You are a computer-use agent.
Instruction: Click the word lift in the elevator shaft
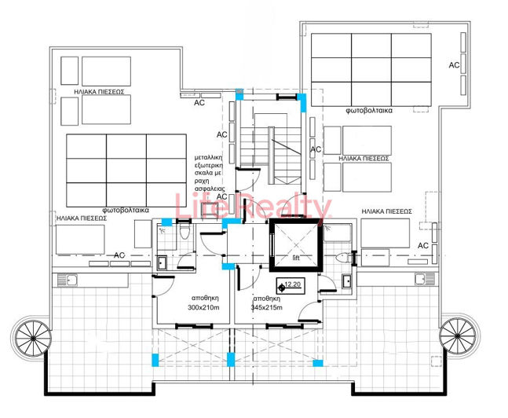coord(296,257)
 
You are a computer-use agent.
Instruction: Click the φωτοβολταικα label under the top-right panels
coord(367,112)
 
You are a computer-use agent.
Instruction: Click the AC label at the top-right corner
coord(453,65)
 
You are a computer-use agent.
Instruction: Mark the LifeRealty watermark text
coord(253,208)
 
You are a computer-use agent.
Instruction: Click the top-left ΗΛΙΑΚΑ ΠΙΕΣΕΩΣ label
coord(100,91)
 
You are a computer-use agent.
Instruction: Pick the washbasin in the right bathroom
coord(347,279)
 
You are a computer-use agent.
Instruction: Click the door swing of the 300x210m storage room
coord(161,287)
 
